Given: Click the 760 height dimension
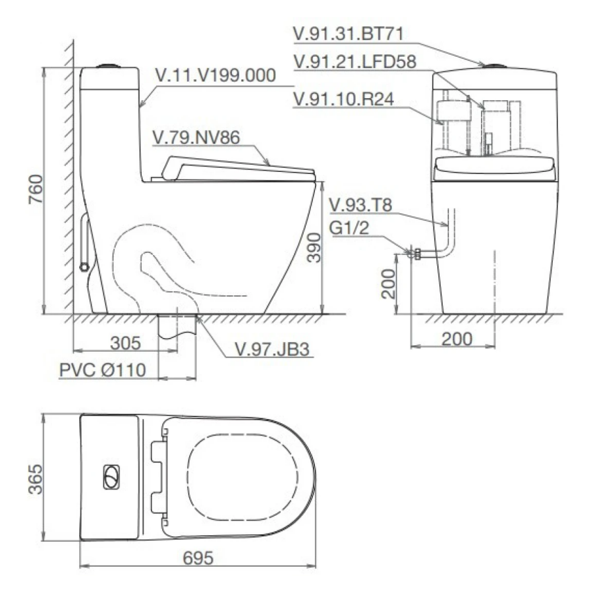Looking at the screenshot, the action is tap(36, 189).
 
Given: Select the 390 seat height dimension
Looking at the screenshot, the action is tap(314, 247).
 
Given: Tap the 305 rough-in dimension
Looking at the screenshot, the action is tap(126, 343).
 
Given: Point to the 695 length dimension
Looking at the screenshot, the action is tap(198, 558).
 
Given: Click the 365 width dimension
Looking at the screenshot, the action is tap(36, 479).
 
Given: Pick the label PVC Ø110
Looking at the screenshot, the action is tap(103, 370).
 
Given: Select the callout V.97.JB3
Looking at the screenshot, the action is tap(272, 349).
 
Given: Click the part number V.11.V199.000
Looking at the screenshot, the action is tap(215, 75).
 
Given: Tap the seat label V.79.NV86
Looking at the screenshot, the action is tap(196, 137).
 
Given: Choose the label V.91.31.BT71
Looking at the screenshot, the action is tap(349, 34).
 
